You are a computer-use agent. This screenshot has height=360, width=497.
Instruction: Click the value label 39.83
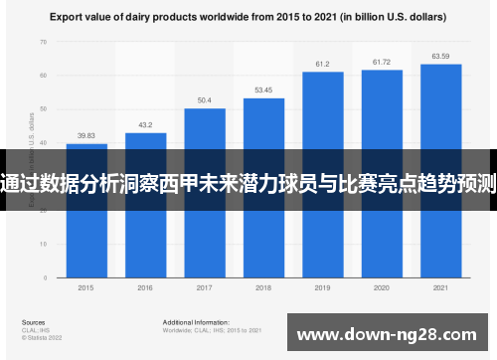click(86, 136)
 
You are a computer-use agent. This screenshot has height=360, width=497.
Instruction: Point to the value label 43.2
click(145, 125)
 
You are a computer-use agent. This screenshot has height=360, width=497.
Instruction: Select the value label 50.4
click(205, 100)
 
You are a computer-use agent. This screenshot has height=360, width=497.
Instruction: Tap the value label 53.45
click(263, 90)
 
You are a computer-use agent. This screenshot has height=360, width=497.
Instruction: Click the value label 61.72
click(382, 62)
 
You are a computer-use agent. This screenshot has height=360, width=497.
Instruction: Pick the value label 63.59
click(440, 56)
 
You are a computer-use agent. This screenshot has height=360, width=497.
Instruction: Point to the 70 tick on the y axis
click(43, 43)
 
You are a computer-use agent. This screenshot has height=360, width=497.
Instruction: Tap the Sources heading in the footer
click(33, 322)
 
